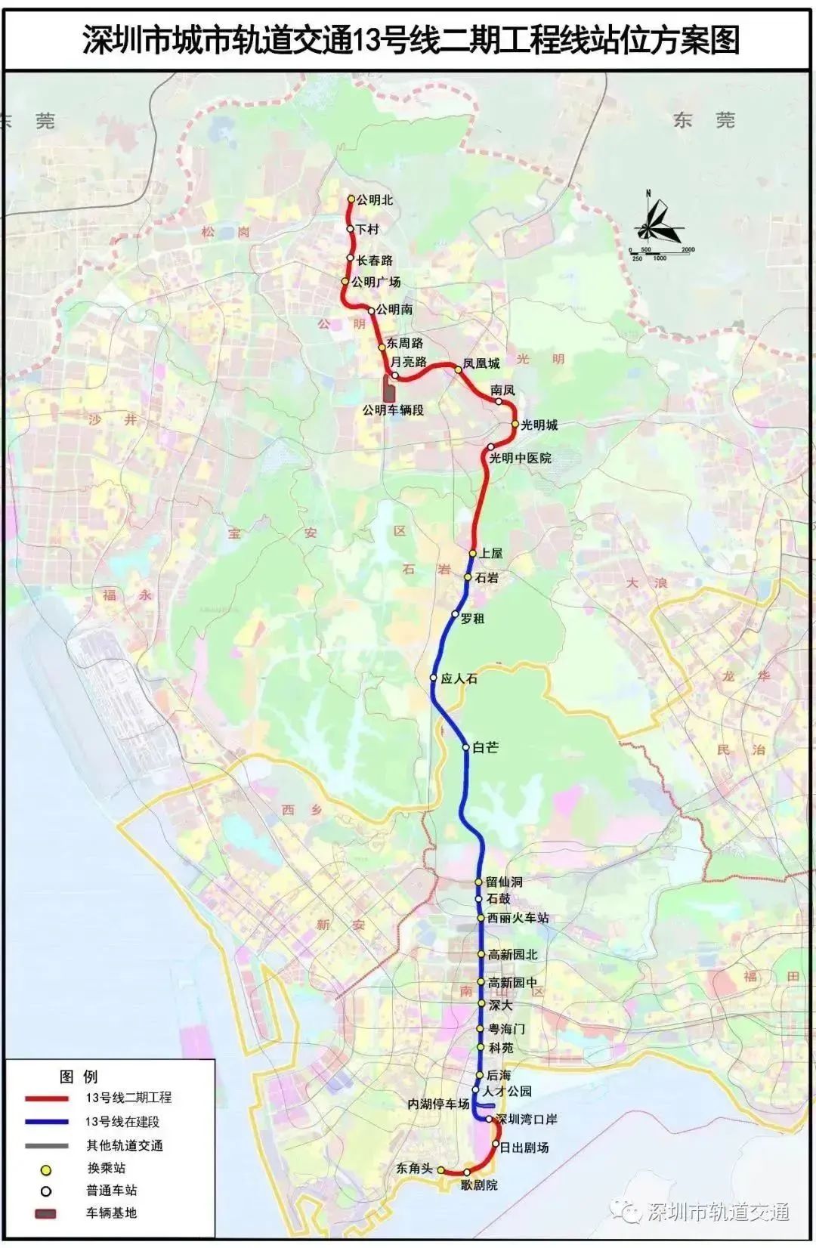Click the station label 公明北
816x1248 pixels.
pyautogui.click(x=375, y=200)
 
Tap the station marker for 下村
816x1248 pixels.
pyautogui.click(x=351, y=229)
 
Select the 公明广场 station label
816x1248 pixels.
pyautogui.click(x=376, y=282)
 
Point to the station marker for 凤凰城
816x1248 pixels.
pyautogui.click(x=458, y=369)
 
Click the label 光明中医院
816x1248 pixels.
pyautogui.click(x=520, y=458)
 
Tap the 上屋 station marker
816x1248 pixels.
pyautogui.click(x=473, y=553)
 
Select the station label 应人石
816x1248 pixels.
pyautogui.click(x=459, y=678)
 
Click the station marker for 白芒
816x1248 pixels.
pyautogui.click(x=467, y=747)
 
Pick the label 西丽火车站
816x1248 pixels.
pyautogui.click(x=518, y=918)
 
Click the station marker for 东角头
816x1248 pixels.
pyautogui.click(x=441, y=1169)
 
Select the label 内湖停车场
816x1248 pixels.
pyautogui.click(x=438, y=1104)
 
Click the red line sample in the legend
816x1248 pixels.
pyautogui.click(x=47, y=1098)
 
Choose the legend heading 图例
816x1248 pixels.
pyautogui.click(x=79, y=1077)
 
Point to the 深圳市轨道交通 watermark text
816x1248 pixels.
pyautogui.click(x=718, y=1211)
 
